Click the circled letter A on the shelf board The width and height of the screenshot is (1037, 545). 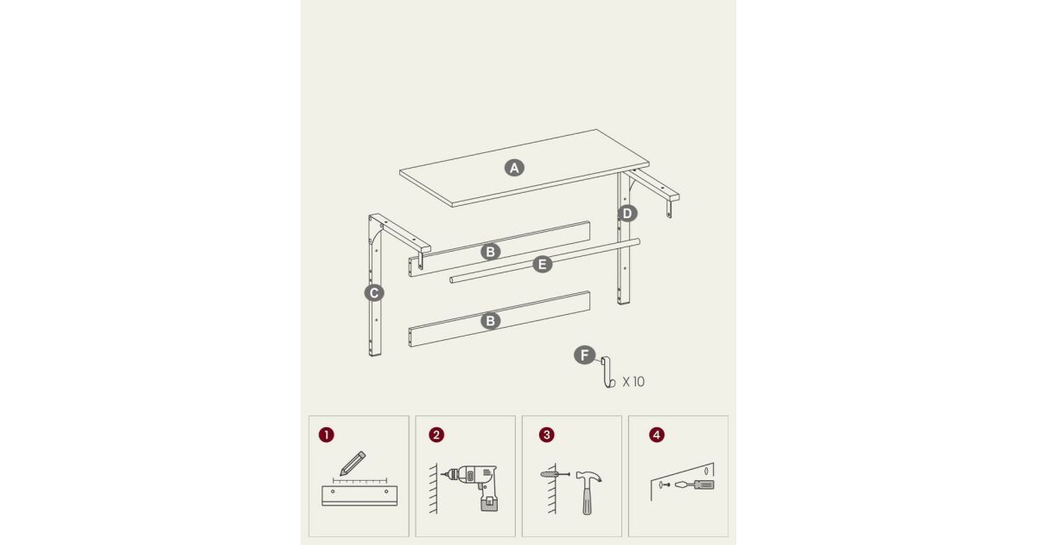pyautogui.click(x=514, y=168)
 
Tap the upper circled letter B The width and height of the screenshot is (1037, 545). pyautogui.click(x=490, y=252)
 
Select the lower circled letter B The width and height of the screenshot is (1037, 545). pyautogui.click(x=490, y=321)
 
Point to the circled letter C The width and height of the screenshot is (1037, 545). pyautogui.click(x=374, y=293)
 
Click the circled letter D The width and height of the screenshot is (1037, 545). pyautogui.click(x=627, y=214)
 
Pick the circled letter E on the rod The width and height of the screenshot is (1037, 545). pyautogui.click(x=543, y=265)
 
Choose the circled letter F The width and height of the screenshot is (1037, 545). pyautogui.click(x=585, y=356)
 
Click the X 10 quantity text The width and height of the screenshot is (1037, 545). pyautogui.click(x=633, y=381)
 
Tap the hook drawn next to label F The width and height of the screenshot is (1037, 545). pyautogui.click(x=608, y=372)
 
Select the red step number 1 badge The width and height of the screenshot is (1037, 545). pyautogui.click(x=327, y=434)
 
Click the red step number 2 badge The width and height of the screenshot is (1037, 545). pyautogui.click(x=436, y=434)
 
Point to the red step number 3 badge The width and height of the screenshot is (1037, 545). pyautogui.click(x=547, y=434)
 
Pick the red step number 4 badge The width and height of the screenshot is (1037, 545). pyautogui.click(x=657, y=434)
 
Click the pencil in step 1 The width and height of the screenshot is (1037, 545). pyautogui.click(x=353, y=463)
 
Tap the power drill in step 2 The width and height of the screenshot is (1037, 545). pyautogui.click(x=472, y=486)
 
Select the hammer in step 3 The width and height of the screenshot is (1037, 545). pyautogui.click(x=588, y=491)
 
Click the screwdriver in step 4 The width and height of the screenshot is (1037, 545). pyautogui.click(x=695, y=484)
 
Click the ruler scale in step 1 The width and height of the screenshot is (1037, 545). pyautogui.click(x=359, y=481)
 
